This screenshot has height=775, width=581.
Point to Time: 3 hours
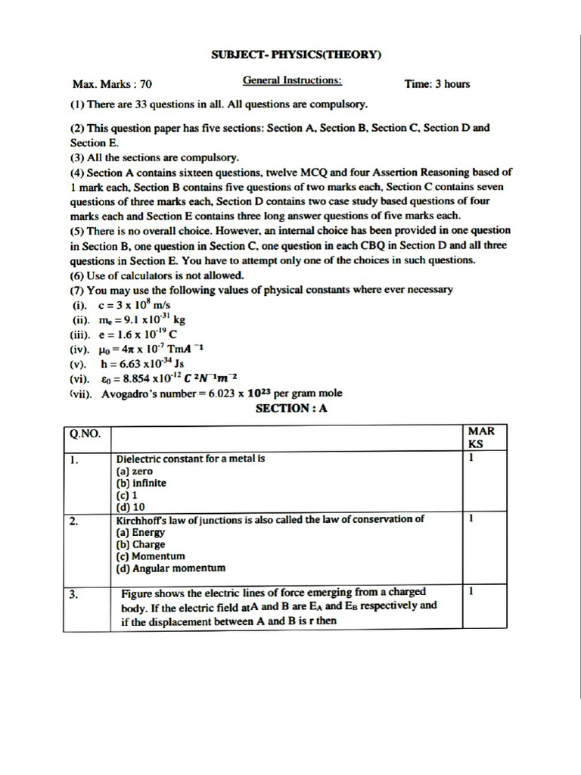click(x=437, y=84)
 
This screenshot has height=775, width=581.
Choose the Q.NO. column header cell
click(x=87, y=434)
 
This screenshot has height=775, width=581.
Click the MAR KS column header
click(x=481, y=437)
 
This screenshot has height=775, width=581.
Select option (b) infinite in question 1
click(x=141, y=483)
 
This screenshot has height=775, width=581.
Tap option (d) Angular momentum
click(x=170, y=568)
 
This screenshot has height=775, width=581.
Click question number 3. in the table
click(x=75, y=595)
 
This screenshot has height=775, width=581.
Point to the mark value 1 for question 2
click(x=471, y=519)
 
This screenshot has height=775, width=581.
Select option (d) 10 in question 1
click(x=130, y=506)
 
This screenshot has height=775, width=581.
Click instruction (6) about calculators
click(x=157, y=275)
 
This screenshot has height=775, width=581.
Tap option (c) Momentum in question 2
click(x=150, y=556)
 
